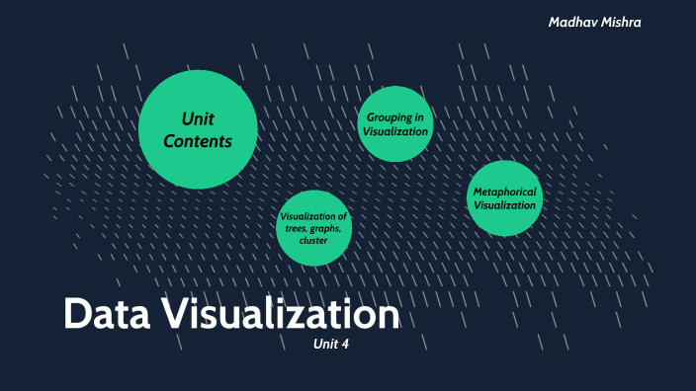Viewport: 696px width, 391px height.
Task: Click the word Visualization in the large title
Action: (x=278, y=315)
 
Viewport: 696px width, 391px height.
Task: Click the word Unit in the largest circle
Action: (x=198, y=118)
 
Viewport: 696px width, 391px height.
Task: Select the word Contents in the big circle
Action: (x=198, y=141)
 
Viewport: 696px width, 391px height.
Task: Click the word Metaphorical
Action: (x=504, y=192)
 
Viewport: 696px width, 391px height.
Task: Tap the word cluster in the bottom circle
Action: (x=313, y=240)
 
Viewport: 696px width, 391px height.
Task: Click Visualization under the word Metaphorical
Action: (x=504, y=205)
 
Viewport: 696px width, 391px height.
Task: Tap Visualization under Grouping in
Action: (x=395, y=130)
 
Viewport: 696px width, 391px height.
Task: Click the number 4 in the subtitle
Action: (x=345, y=345)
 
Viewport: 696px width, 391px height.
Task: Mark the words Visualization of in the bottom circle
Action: (x=313, y=216)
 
